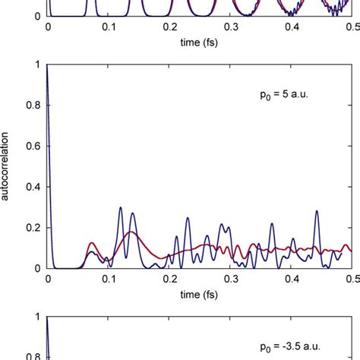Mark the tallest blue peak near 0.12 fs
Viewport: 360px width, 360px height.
point(120,207)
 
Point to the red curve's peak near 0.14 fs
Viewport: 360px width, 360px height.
point(132,232)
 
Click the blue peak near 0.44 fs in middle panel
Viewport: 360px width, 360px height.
point(317,210)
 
